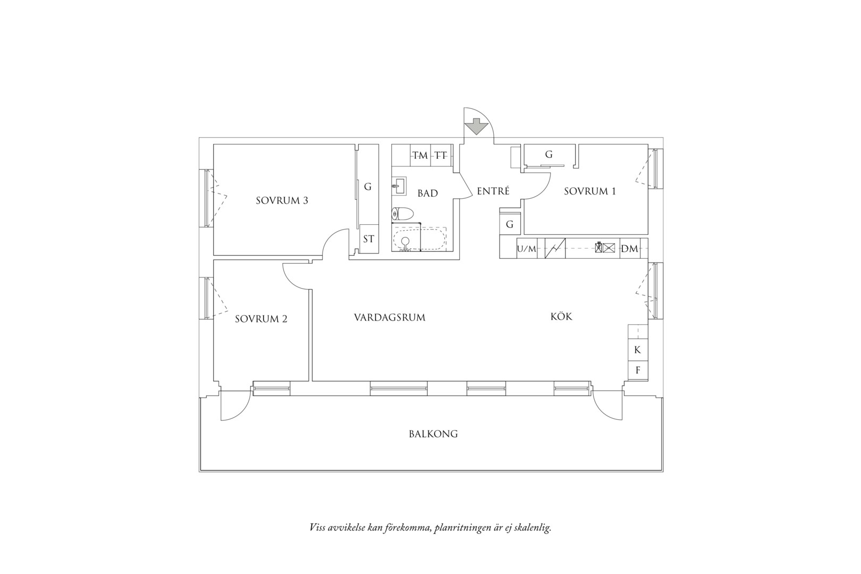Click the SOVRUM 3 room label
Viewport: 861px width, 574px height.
tap(282, 200)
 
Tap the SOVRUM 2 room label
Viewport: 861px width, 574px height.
tap(261, 319)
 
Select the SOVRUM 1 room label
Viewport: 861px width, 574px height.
tap(589, 191)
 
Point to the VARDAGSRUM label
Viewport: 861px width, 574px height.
tap(390, 318)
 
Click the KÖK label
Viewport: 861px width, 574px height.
tap(561, 316)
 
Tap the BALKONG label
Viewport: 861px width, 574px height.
tap(433, 434)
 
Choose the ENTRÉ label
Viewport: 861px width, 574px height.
tap(493, 191)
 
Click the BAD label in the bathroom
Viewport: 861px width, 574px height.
tap(428, 193)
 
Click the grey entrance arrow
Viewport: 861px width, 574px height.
tap(476, 126)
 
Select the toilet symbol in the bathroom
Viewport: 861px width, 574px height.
tap(402, 213)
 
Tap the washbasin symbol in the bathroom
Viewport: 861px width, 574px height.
tap(399, 186)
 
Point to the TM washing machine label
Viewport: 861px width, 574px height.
tap(420, 155)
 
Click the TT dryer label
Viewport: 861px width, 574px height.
tap(441, 155)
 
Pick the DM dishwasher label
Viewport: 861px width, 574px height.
tap(630, 249)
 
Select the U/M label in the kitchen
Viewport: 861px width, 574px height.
tap(526, 249)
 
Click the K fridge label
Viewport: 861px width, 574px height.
tap(637, 350)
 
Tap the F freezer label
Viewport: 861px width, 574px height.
tap(638, 370)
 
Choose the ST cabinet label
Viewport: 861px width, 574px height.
tap(368, 239)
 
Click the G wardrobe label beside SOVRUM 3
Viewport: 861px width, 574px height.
tap(367, 187)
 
